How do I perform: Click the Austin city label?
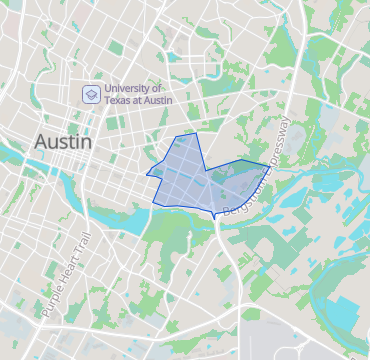[63, 142]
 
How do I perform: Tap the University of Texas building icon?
[90, 95]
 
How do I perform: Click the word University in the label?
[128, 89]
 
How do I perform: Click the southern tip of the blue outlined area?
[215, 218]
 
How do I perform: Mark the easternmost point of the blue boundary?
[269, 164]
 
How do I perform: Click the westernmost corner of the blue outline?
[146, 175]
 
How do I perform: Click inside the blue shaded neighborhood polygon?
[195, 180]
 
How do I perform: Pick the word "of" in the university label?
[160, 89]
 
